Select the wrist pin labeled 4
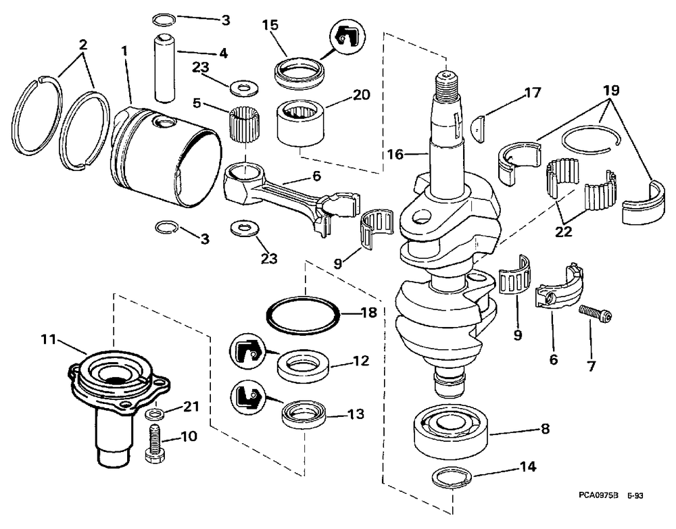165,69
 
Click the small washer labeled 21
154,415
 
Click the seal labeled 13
302,414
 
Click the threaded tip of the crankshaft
447,80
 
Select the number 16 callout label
395,154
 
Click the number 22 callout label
563,231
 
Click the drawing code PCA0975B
598,496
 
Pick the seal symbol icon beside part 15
347,39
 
